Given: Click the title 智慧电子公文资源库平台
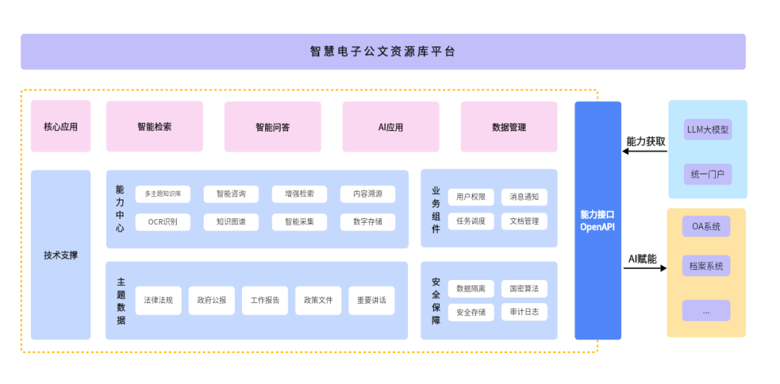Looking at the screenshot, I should coord(383,52).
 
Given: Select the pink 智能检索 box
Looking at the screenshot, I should coord(155,127).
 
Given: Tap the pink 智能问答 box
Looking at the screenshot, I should coord(272,127).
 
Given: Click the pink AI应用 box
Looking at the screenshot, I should coord(391,127).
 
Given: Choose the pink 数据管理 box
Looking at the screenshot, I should coord(508,127).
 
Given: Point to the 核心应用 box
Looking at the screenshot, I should coord(61,127).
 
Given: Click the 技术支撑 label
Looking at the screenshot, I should coord(61,255).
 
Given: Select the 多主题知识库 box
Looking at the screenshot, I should coord(162,194).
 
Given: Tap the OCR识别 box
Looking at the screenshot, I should coord(162,221).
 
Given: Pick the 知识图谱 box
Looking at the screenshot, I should coord(231,221).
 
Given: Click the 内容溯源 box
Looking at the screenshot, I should coord(368,194).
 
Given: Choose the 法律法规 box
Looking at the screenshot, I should coord(158,300).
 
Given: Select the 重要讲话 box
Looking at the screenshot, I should coord(372,300).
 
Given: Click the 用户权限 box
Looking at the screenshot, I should coord(471,197).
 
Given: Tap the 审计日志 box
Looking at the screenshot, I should coord(524,312).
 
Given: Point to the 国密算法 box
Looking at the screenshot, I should coord(524,289).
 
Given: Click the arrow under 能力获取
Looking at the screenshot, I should coord(645,152).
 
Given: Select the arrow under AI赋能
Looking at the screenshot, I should coord(645,268).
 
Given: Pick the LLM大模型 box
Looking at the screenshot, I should coord(708,130).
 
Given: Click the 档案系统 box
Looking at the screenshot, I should coord(706,265).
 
